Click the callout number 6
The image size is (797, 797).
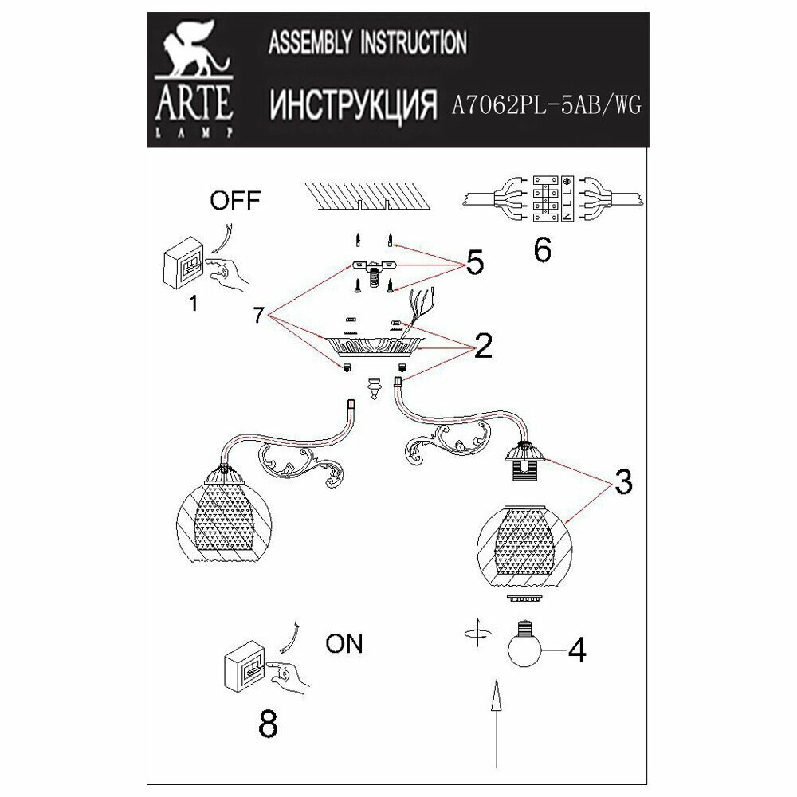coord(541,249)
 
